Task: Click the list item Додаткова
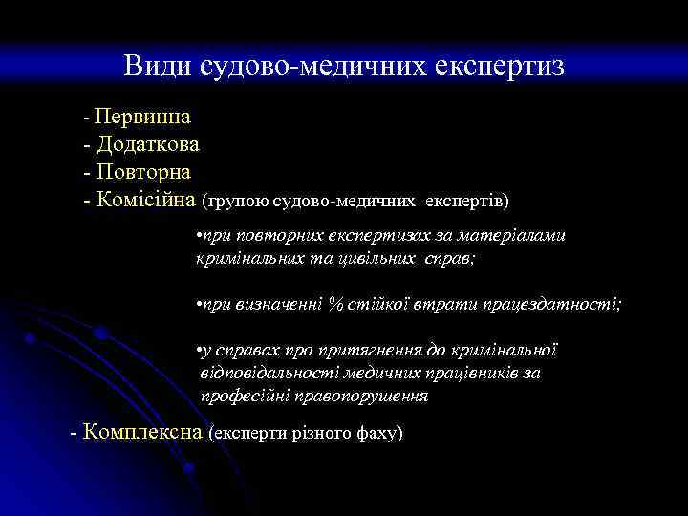pyautogui.click(x=147, y=145)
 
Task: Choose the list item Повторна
pyautogui.click(x=143, y=173)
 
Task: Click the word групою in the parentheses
pyautogui.click(x=236, y=202)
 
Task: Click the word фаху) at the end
pyautogui.click(x=378, y=433)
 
